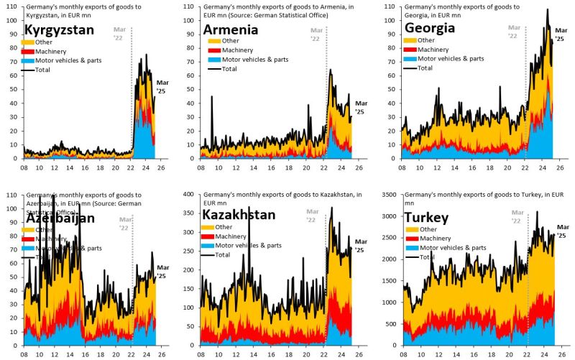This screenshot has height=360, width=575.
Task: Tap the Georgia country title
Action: click(x=435, y=29)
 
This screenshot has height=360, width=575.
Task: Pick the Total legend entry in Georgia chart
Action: click(x=425, y=68)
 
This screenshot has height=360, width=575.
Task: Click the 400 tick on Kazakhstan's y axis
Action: click(x=195, y=195)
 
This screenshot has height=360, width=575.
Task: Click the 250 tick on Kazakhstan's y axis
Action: click(x=195, y=251)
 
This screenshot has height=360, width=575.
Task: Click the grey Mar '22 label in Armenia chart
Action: click(x=316, y=34)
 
